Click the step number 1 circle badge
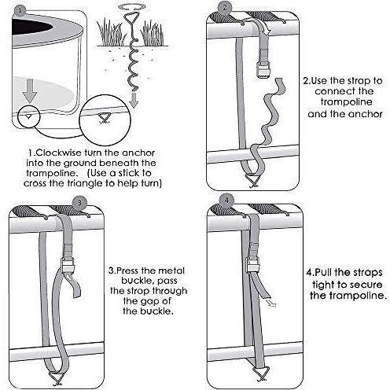coord(20,12)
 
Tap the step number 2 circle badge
coord(225,8)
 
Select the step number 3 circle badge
coord(79,202)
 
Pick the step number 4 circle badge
coord(227,201)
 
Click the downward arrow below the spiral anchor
coord(134,99)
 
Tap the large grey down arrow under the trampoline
coord(30,90)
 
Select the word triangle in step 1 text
coord(84,183)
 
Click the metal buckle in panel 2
coord(263,70)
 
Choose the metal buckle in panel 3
coord(68,265)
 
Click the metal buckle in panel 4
coord(252,264)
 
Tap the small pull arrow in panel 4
coord(271,304)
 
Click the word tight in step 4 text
coord(323,285)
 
